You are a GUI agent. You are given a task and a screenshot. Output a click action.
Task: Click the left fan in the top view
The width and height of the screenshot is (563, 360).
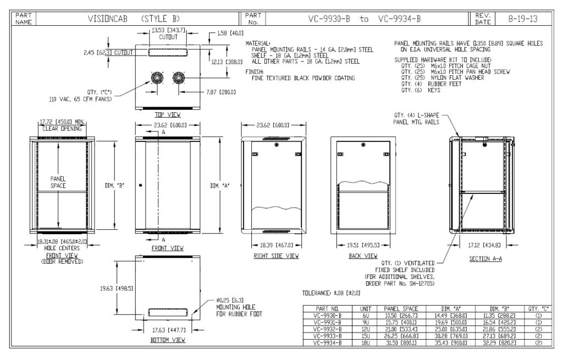tap(157, 78)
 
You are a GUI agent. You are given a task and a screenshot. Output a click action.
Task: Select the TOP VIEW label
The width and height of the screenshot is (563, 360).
tap(168, 115)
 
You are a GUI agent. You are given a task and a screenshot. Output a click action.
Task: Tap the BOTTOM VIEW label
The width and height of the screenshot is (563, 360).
tap(167, 340)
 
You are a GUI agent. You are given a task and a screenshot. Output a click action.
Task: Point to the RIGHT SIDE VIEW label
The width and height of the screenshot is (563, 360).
tap(276, 256)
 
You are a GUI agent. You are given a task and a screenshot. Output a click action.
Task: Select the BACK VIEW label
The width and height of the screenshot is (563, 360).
tap(363, 256)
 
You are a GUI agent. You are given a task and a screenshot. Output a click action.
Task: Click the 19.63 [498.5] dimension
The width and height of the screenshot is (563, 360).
tap(116, 287)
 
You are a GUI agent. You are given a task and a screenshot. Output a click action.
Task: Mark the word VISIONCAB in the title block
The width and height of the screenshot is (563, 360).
tap(108, 18)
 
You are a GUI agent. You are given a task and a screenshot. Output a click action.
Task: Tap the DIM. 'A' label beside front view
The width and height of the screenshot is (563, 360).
tap(220, 185)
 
